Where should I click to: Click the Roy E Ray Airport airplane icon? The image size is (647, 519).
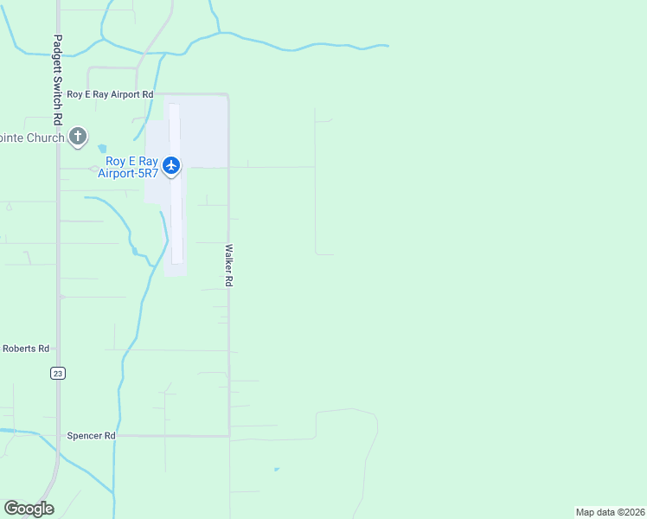(x=171, y=164)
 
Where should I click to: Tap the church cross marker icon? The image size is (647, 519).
(x=78, y=136)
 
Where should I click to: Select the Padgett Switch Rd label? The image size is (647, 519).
(x=58, y=79)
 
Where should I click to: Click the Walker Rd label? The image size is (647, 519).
(x=229, y=265)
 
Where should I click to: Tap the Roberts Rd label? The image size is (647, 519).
(x=25, y=349)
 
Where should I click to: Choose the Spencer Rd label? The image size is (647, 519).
(x=91, y=436)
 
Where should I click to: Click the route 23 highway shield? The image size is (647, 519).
(x=58, y=373)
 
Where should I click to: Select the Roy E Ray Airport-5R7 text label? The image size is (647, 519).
(x=132, y=167)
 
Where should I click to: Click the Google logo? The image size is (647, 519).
(x=29, y=509)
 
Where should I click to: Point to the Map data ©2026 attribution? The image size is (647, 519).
(x=610, y=512)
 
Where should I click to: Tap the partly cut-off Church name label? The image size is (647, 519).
(x=32, y=138)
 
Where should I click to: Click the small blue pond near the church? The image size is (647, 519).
(x=103, y=149)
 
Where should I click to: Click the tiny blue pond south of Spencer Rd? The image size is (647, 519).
(x=276, y=470)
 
